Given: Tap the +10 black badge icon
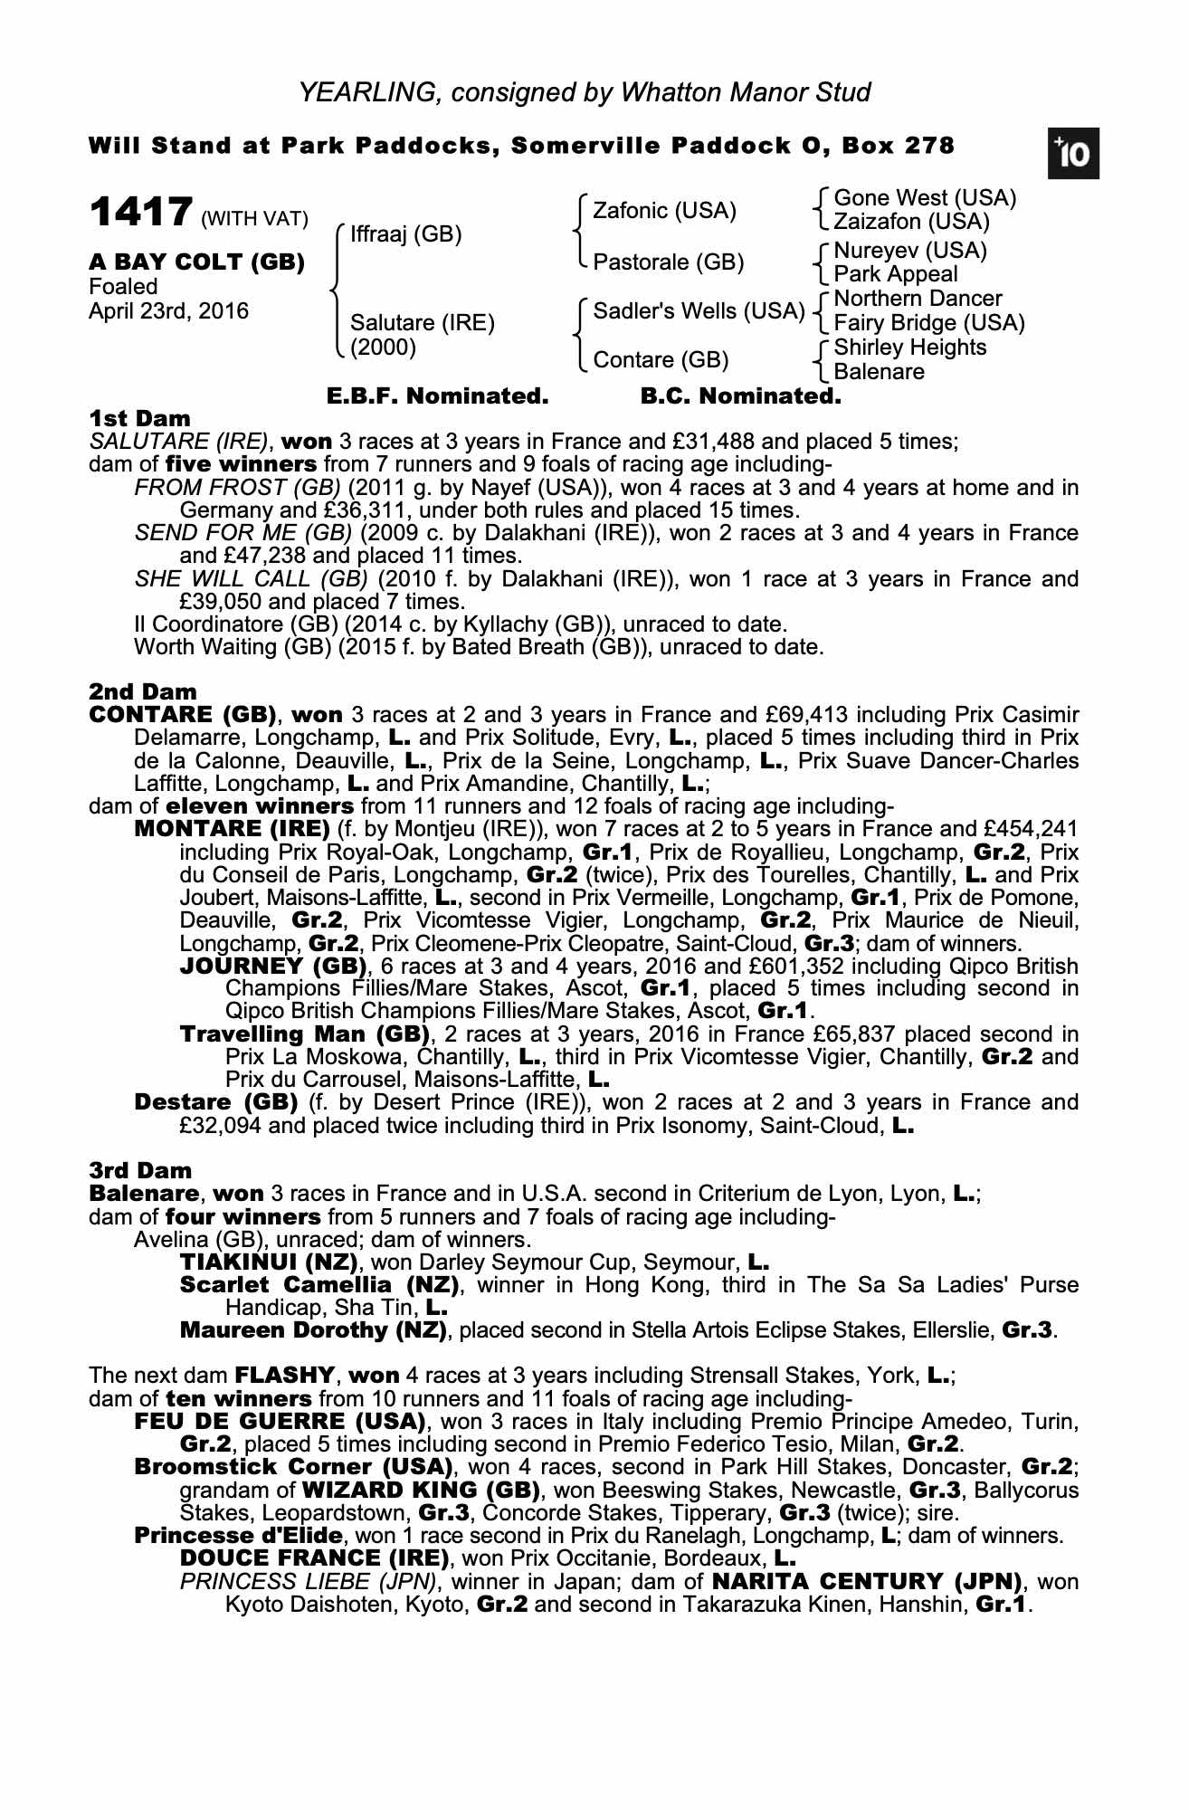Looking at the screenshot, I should (1073, 155).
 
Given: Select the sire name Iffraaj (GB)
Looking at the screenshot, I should (405, 235).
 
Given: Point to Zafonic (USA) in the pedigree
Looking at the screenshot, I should (664, 211).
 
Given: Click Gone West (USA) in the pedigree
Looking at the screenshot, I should (925, 198).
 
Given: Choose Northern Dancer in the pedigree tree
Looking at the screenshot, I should (918, 299).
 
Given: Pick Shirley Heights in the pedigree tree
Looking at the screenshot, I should (909, 348).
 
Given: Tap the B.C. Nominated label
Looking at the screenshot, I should (740, 396).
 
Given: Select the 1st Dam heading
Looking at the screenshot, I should (140, 419).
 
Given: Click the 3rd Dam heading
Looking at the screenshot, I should (140, 1171).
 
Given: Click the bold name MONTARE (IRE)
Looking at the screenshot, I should (232, 829).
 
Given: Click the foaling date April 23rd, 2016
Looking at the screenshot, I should (169, 311).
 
